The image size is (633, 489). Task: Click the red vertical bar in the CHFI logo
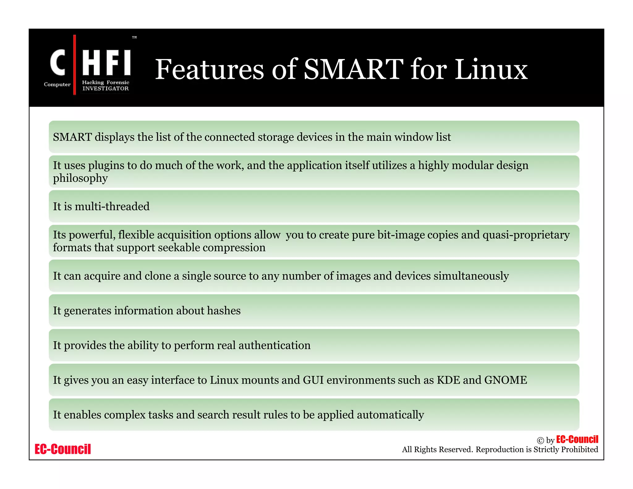[x=74, y=65]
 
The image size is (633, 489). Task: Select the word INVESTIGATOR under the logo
[x=105, y=88]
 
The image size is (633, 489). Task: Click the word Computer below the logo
[x=57, y=84]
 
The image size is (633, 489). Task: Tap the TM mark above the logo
[x=134, y=37]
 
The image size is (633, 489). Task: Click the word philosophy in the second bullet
[x=80, y=178]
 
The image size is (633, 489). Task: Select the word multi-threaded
[x=112, y=206]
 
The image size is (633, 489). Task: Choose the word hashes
[x=224, y=311]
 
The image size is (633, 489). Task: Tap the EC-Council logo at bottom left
[x=63, y=449]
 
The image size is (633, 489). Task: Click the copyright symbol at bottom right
[x=540, y=440]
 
